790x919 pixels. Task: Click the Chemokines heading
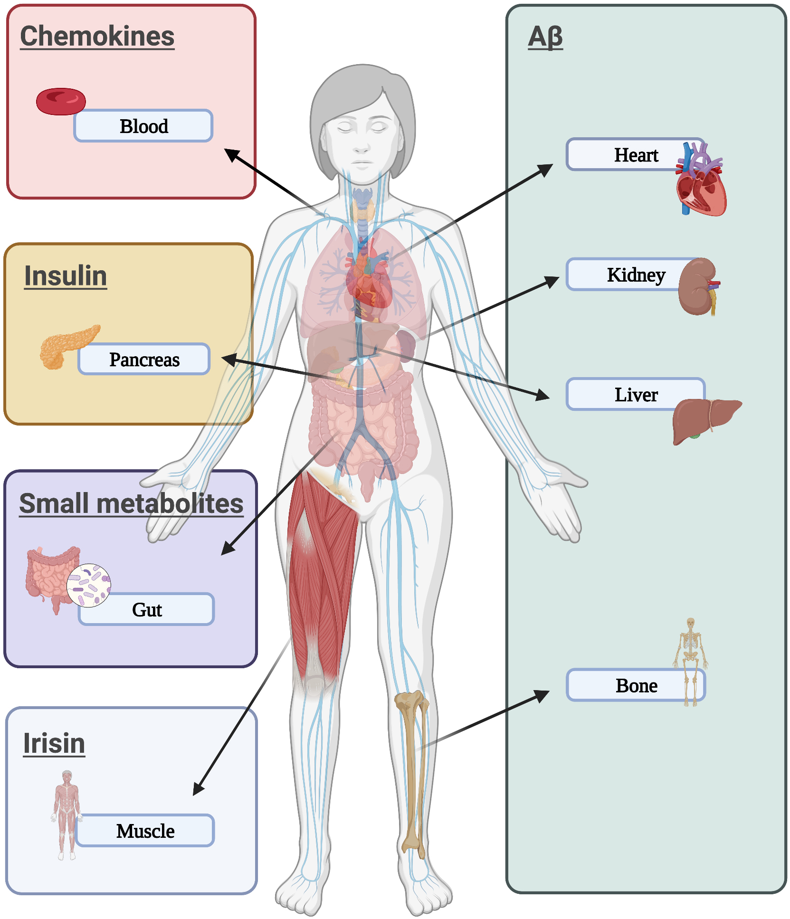click(x=97, y=37)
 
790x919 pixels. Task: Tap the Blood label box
click(x=143, y=126)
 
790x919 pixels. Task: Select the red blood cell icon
click(x=61, y=101)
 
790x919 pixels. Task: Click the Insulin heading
click(x=66, y=276)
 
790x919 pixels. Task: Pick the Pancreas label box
click(x=144, y=360)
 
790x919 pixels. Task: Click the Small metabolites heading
click(x=131, y=503)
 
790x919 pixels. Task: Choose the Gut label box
click(x=146, y=610)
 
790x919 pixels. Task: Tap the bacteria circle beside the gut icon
click(x=89, y=585)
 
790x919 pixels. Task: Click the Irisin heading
click(x=54, y=743)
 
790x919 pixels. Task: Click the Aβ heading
click(x=545, y=37)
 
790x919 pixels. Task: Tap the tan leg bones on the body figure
click(x=412, y=769)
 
